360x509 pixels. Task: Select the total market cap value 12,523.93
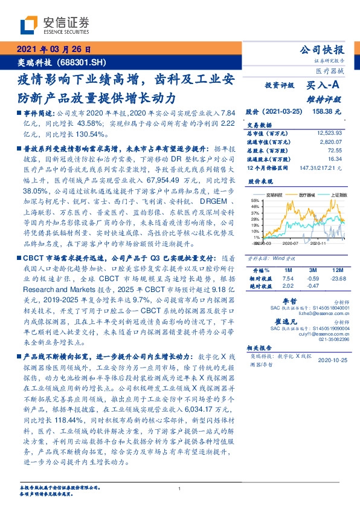(329, 132)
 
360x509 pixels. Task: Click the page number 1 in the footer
(179, 488)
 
